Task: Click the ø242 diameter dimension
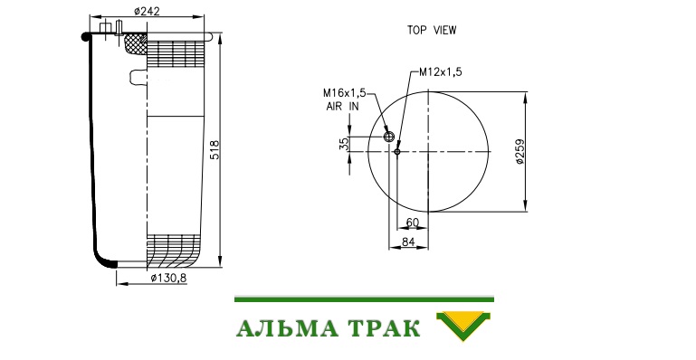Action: tap(147, 11)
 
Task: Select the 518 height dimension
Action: tap(215, 150)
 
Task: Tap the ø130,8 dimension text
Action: tap(168, 278)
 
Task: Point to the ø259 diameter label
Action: tap(520, 152)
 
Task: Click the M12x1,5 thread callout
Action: tap(441, 71)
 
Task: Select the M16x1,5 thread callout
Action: tap(345, 93)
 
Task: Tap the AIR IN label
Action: tap(342, 107)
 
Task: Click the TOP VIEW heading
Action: tap(432, 30)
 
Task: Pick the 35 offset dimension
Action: tap(345, 144)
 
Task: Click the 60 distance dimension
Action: tap(413, 223)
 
